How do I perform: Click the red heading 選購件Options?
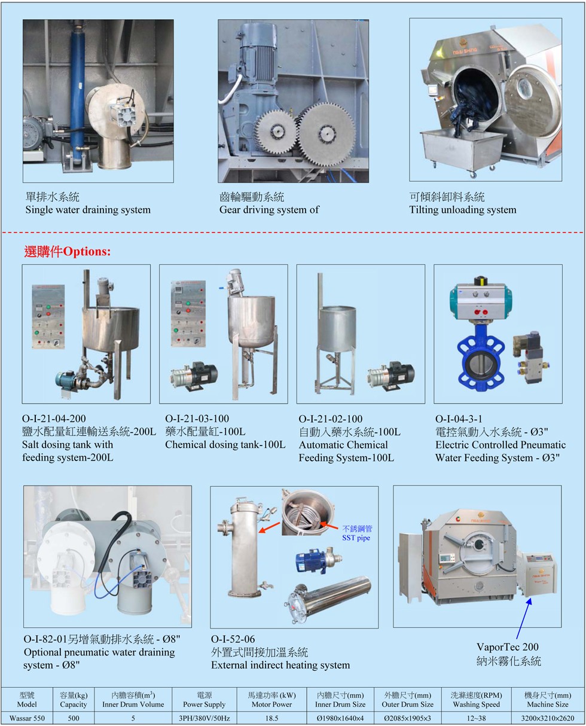tap(67, 252)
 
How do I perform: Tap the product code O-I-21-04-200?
tap(54, 419)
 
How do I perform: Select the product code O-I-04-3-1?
tap(459, 419)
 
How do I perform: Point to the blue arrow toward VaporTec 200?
tap(523, 618)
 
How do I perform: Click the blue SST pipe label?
tap(356, 533)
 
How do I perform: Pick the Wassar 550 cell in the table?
tap(27, 718)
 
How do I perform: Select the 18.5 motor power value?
tap(271, 718)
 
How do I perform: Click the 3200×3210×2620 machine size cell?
tap(548, 718)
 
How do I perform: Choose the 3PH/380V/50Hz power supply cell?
tap(204, 718)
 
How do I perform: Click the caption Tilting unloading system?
tap(463, 209)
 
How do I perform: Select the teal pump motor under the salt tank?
tap(68, 380)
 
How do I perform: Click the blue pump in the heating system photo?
tap(307, 559)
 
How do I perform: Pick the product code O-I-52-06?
tap(233, 639)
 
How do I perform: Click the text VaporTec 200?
tap(507, 646)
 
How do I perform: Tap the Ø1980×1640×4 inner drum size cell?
tap(340, 718)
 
